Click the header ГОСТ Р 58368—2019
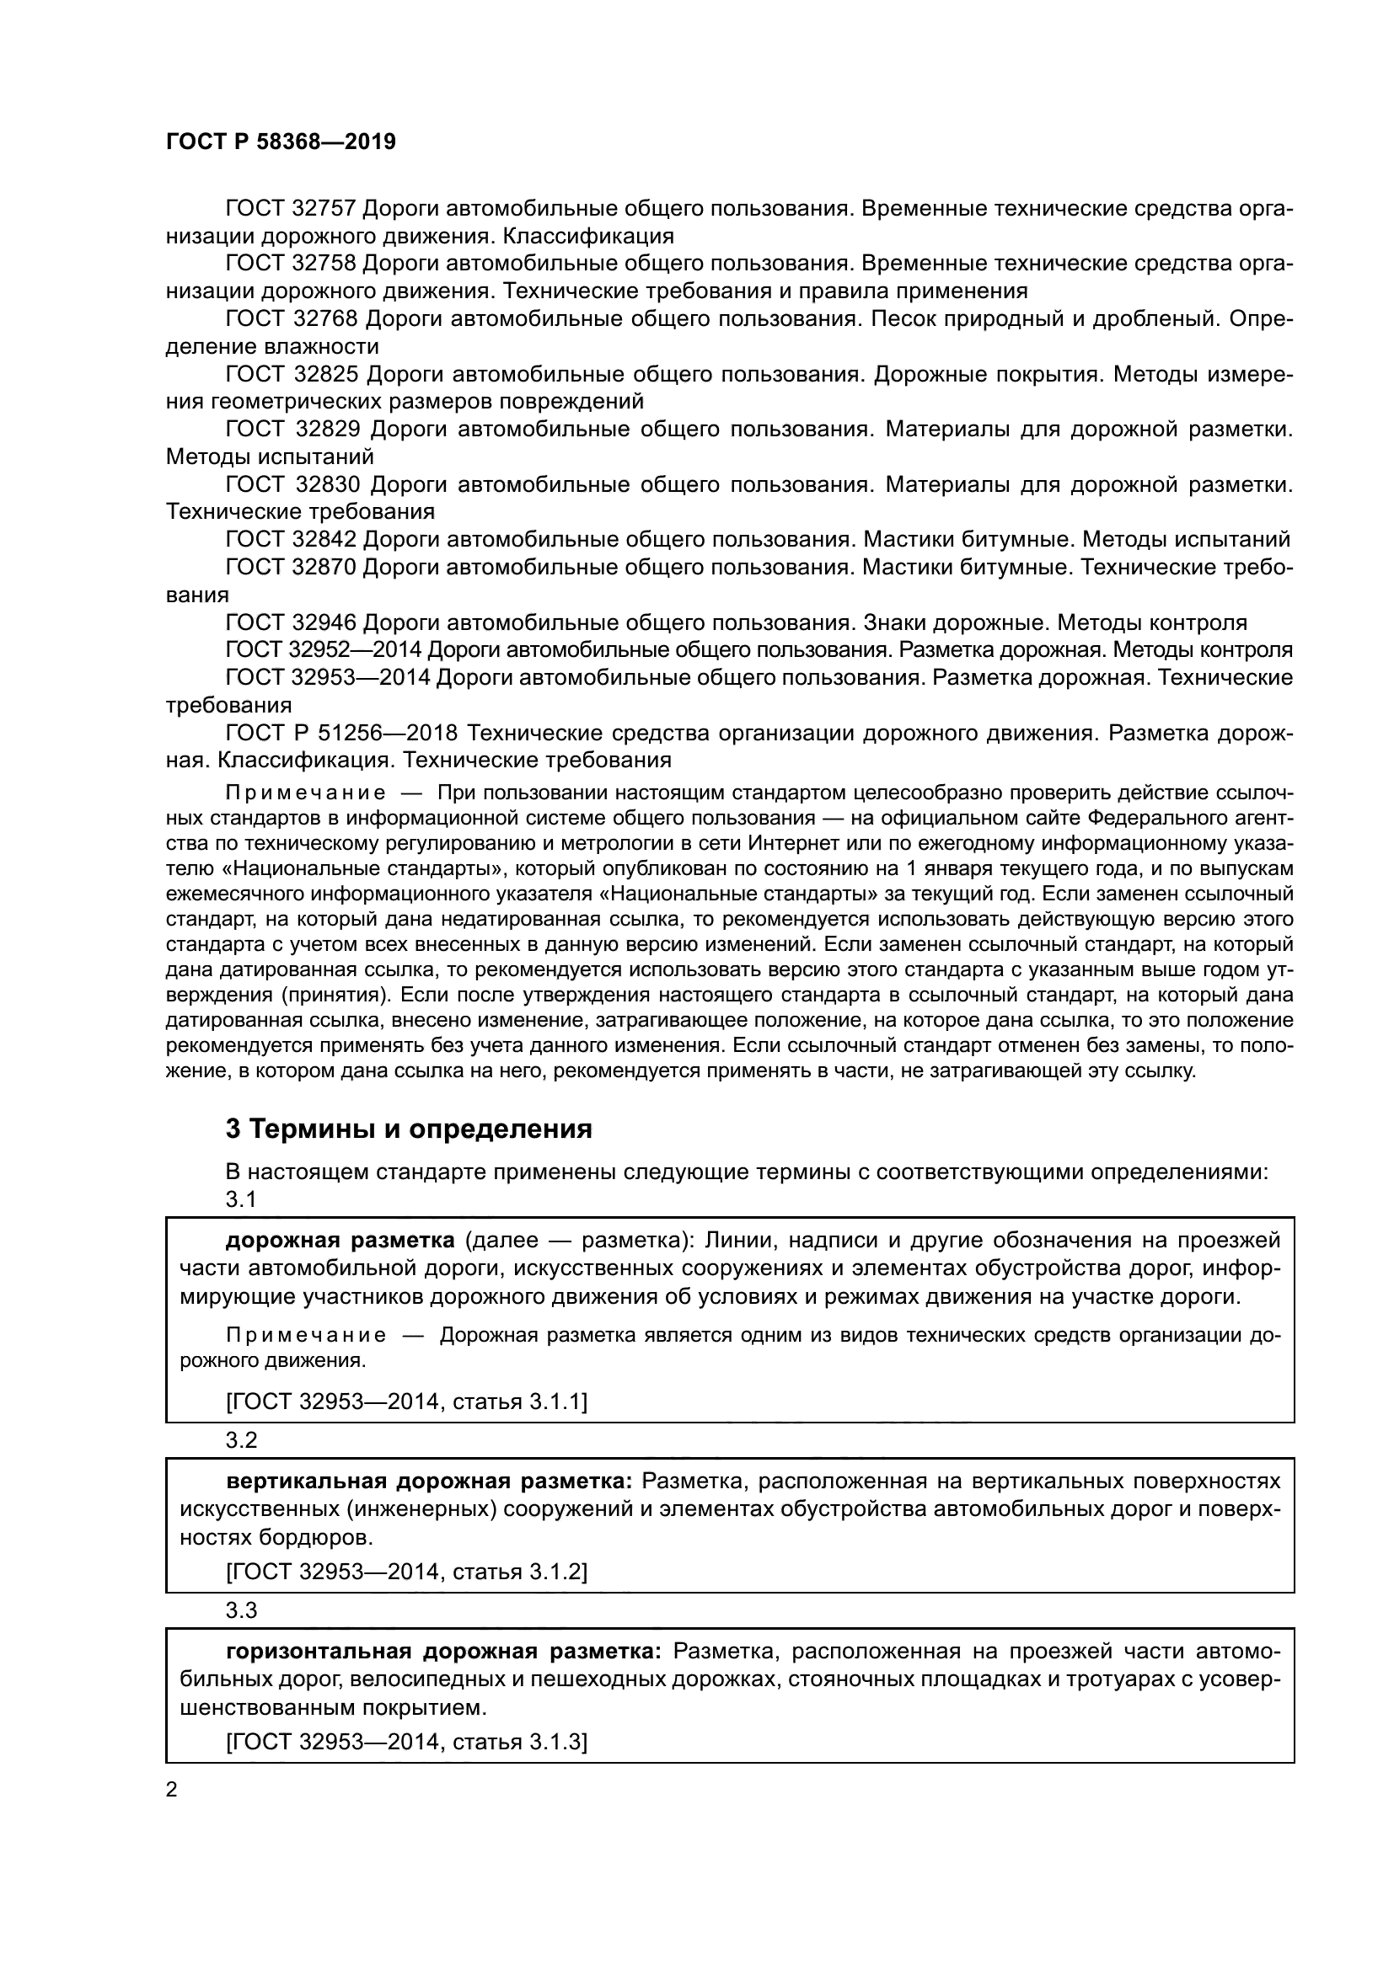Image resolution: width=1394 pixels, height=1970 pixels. click(281, 142)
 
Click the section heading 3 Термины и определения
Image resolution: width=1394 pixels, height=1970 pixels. click(409, 1129)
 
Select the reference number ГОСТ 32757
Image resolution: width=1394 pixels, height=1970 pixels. click(291, 209)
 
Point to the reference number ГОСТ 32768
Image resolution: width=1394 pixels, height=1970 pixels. click(292, 318)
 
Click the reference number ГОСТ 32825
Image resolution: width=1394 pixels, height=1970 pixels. click(292, 374)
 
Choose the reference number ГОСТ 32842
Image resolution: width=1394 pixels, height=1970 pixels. click(291, 540)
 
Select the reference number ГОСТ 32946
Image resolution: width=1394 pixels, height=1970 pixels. click(291, 622)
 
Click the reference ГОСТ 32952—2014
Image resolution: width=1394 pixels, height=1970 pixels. click(327, 649)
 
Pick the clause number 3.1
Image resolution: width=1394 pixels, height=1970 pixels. click(241, 1199)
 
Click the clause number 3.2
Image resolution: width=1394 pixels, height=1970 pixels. click(241, 1439)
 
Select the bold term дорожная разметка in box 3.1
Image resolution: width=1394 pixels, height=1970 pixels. click(340, 1241)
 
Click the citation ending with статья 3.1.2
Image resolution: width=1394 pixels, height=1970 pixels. click(406, 1571)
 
